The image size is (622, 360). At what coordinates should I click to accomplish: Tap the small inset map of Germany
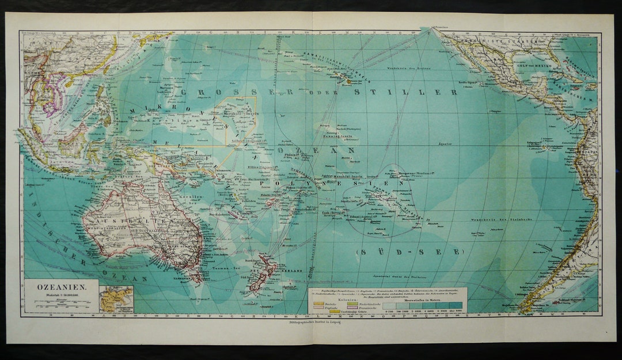(x=116, y=300)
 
